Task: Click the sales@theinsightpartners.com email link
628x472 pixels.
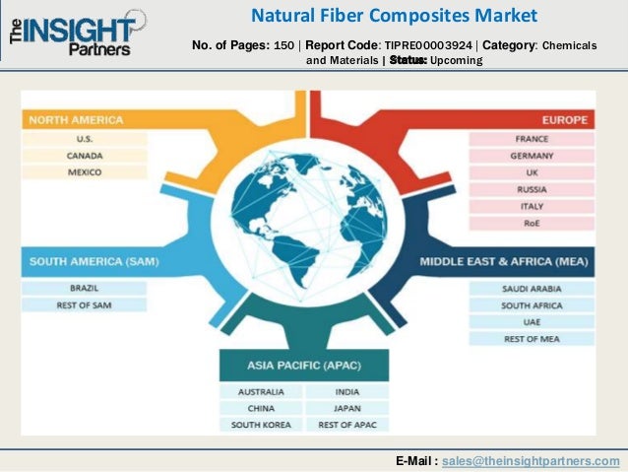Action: (531, 460)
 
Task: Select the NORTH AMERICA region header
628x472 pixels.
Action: (77, 120)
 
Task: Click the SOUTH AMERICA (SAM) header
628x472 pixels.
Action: (94, 262)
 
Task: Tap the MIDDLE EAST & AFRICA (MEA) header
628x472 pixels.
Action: (506, 262)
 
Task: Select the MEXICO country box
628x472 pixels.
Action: (85, 171)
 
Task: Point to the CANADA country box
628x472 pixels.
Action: (85, 156)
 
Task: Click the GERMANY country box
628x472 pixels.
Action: (532, 156)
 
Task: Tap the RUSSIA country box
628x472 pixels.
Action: (532, 189)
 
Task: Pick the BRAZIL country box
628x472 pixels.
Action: (85, 289)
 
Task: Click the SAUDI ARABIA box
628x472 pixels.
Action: (532, 290)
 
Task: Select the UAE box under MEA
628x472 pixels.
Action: (532, 322)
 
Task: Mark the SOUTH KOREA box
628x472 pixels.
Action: (261, 425)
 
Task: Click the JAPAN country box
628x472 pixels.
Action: (346, 408)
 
